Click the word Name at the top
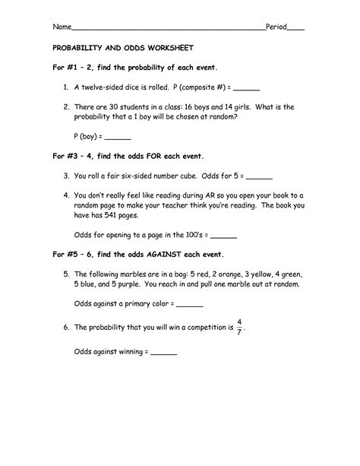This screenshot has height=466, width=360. (60, 27)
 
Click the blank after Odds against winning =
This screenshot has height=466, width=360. (164, 353)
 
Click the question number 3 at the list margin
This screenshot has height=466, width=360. (68, 176)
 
